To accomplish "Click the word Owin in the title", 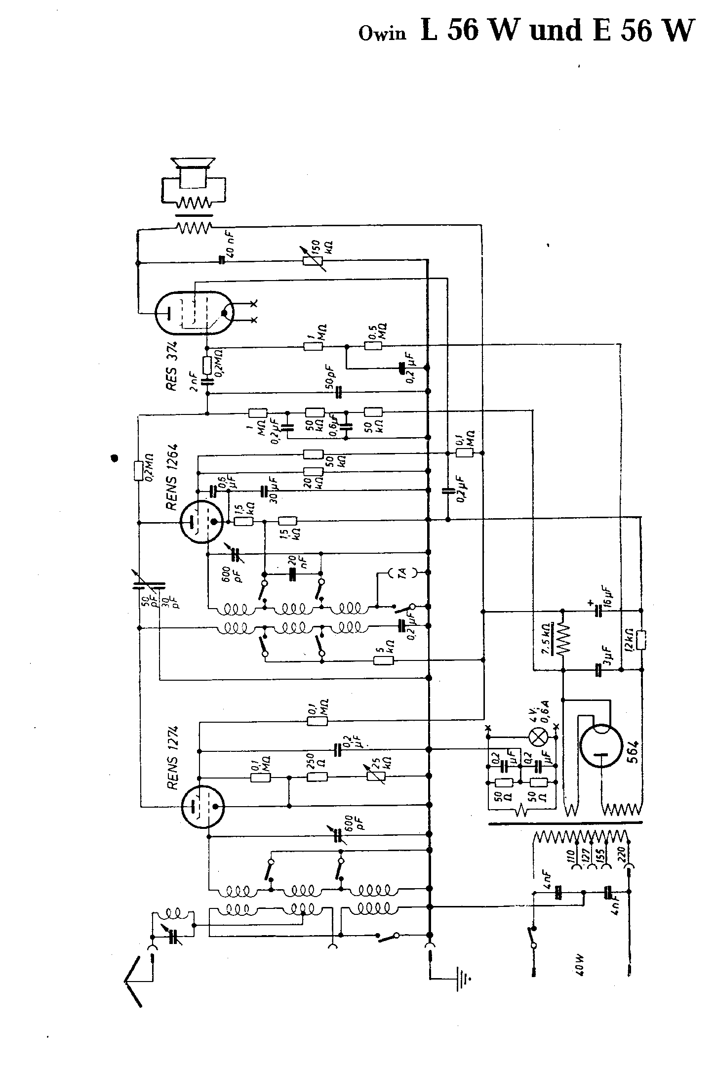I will tap(382, 34).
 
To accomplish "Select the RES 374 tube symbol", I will tap(195, 312).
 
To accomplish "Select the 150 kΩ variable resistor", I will tap(313, 261).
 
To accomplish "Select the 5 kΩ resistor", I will tap(384, 660).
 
